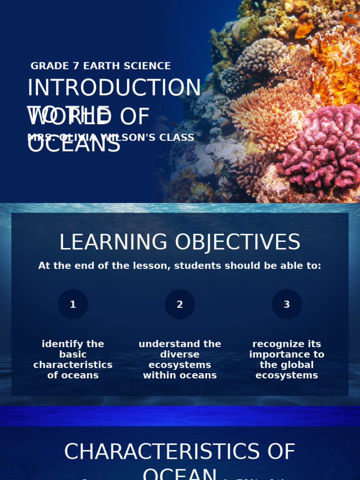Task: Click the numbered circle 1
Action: (x=73, y=304)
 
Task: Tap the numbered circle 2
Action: (x=180, y=304)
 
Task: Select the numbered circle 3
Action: (x=287, y=304)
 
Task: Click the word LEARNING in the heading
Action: (x=113, y=242)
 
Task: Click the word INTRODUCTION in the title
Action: (x=114, y=88)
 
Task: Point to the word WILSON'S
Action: (x=135, y=138)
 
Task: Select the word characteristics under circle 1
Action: (x=73, y=365)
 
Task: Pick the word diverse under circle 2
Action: (x=180, y=354)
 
